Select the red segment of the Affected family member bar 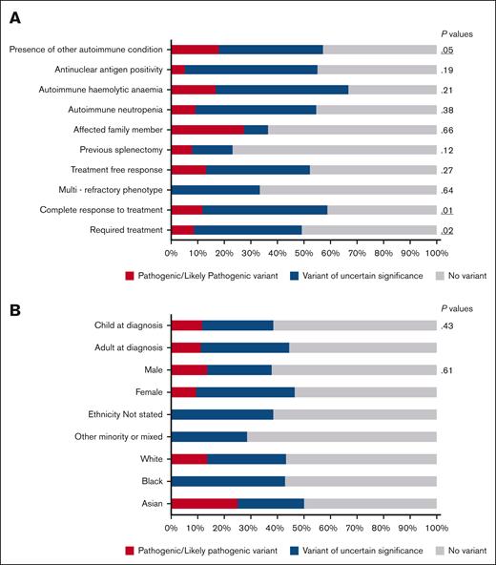(207, 129)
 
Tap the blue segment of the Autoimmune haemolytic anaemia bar (281, 89)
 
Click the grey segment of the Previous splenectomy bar (334, 150)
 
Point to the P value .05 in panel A (446, 49)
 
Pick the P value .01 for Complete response (446, 210)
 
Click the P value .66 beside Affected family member (446, 130)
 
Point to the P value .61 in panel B (446, 370)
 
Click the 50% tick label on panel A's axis (303, 254)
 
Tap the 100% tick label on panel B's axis (436, 527)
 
